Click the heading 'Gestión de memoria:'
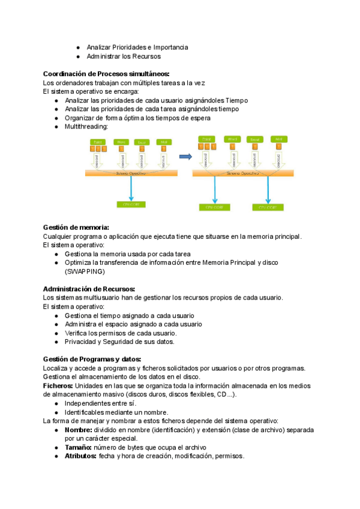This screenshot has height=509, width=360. (x=76, y=227)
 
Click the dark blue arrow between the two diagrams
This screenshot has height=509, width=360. (x=185, y=157)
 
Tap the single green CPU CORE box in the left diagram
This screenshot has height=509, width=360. (x=131, y=205)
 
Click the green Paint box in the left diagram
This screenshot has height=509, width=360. (x=98, y=142)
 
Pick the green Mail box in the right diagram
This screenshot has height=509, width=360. (x=278, y=139)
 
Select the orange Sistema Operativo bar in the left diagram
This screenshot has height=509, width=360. (x=131, y=173)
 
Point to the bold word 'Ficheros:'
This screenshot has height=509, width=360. (x=58, y=385)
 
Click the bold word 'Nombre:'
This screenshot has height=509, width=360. (x=77, y=430)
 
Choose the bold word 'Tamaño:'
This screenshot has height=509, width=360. (x=77, y=447)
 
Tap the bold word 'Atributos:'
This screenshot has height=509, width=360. (x=80, y=456)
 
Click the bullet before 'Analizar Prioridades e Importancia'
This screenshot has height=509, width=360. (x=78, y=47)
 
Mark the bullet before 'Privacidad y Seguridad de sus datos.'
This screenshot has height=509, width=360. (x=56, y=342)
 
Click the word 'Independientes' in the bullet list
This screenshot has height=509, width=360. (x=85, y=403)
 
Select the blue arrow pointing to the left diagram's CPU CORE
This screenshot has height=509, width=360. (x=130, y=188)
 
